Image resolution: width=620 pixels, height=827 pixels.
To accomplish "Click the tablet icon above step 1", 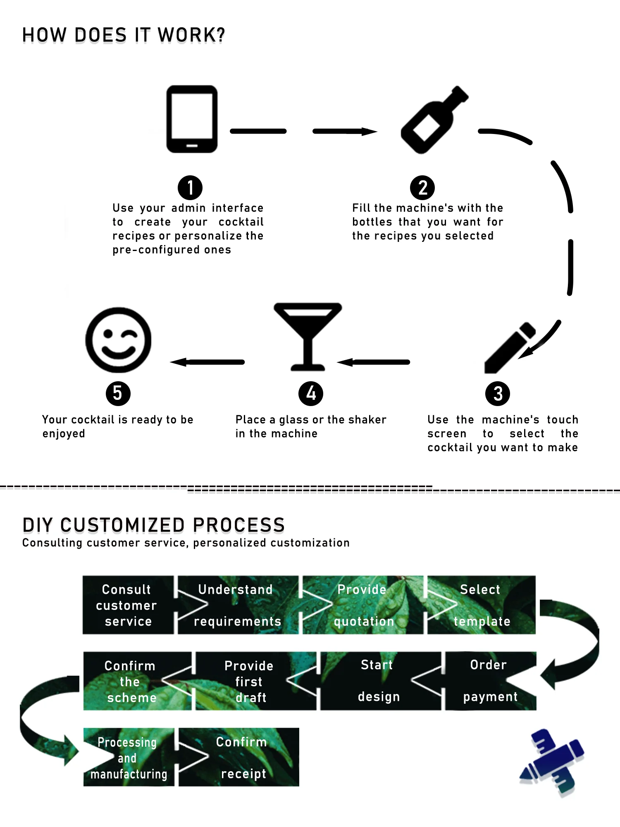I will click(x=192, y=119).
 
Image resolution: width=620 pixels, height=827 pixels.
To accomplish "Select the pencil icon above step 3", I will click(x=509, y=348).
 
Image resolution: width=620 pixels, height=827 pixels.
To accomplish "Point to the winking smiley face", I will click(x=118, y=340).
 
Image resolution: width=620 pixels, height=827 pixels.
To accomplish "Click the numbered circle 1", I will click(x=190, y=187).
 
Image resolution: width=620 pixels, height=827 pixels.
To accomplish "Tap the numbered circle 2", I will click(x=422, y=187).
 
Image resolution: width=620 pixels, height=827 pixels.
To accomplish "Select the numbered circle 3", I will click(x=497, y=393).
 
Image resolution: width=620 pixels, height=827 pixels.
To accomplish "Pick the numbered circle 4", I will click(x=310, y=393).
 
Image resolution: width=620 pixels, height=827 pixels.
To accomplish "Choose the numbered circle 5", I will click(x=118, y=393).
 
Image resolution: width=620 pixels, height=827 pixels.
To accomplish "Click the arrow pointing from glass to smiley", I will click(x=207, y=362).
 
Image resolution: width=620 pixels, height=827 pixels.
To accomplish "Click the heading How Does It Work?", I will click(x=123, y=35).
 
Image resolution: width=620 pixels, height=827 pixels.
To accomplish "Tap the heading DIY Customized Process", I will click(x=153, y=525).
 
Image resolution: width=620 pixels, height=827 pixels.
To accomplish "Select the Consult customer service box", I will click(x=127, y=605).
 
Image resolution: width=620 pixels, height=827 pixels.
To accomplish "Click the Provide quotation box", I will click(x=363, y=605).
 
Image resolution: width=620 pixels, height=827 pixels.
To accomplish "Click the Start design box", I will click(x=379, y=681).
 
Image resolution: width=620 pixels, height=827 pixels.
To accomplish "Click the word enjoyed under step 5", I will click(x=64, y=434).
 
